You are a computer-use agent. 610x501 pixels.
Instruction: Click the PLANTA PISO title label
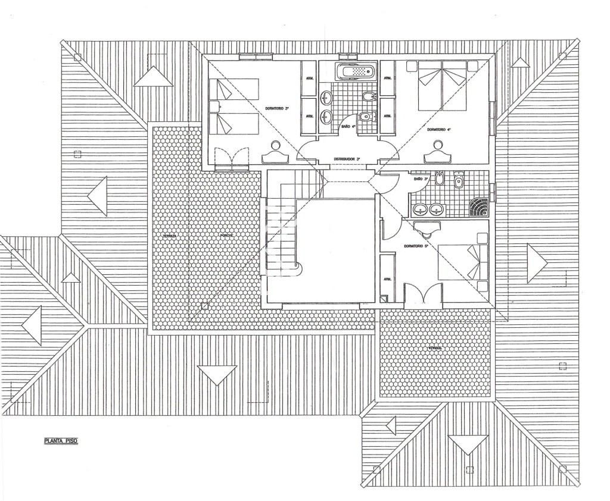coord(61,441)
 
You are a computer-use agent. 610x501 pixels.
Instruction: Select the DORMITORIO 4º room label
coord(439,129)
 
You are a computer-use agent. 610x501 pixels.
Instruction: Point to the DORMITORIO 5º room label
coord(416,246)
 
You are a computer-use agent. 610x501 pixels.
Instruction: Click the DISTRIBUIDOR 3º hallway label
coord(346,159)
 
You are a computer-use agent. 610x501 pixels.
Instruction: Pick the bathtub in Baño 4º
coord(355,72)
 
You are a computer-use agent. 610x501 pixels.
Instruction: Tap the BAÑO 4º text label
coord(348,126)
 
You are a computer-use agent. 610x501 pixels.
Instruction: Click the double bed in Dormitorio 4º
coord(442,86)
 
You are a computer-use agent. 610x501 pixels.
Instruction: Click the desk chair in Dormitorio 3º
coord(275,145)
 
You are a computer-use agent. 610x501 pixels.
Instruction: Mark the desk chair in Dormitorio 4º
coord(439,145)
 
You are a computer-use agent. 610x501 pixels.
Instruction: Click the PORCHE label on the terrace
coord(226,236)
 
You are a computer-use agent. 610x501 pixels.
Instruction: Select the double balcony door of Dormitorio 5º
coord(423,296)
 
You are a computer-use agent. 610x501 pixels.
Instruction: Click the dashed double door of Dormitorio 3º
coord(231,158)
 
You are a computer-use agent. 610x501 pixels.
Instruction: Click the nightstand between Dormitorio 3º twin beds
coord(214,107)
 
